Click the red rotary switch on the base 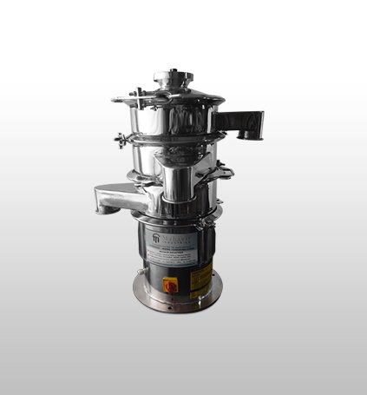point(171,285)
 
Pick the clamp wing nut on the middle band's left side point(121,139)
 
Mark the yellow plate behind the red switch point(171,284)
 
